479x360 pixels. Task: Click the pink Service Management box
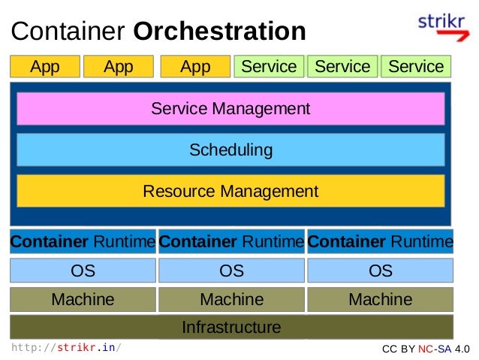click(x=230, y=109)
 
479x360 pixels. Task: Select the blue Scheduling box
click(x=230, y=150)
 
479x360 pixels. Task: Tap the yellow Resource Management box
click(x=230, y=191)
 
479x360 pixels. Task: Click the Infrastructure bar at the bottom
click(x=231, y=328)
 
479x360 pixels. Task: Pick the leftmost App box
click(x=44, y=67)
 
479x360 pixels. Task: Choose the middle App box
click(x=119, y=67)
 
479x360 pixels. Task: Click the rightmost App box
click(x=195, y=67)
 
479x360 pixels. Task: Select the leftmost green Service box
click(x=269, y=67)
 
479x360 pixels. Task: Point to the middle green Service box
click(x=342, y=67)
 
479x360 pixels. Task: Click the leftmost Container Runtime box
click(x=83, y=242)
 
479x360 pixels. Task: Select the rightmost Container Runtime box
click(x=381, y=242)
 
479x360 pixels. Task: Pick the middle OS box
click(x=231, y=271)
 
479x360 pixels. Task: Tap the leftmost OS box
click(x=83, y=271)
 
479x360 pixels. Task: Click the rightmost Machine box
click(x=381, y=300)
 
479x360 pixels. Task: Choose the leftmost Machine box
click(x=83, y=300)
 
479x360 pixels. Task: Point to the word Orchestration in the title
click(x=219, y=32)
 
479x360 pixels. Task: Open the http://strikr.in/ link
click(x=66, y=348)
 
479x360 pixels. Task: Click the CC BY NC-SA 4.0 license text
click(x=426, y=349)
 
